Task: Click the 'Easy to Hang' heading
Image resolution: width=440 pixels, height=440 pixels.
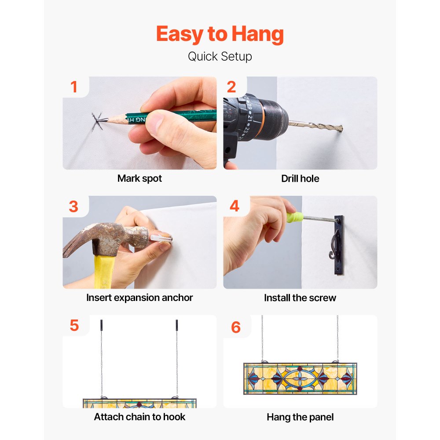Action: pyautogui.click(x=220, y=34)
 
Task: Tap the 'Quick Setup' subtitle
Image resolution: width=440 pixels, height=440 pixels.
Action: pyautogui.click(x=220, y=56)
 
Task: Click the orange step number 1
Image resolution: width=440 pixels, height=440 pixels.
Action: pyautogui.click(x=74, y=87)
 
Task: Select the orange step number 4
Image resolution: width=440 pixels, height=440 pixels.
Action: pyautogui.click(x=235, y=206)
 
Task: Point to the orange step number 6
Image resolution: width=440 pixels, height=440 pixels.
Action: pyautogui.click(x=236, y=327)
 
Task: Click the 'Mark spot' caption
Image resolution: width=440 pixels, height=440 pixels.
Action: pyautogui.click(x=139, y=179)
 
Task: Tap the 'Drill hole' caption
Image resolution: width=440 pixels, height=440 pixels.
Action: pyautogui.click(x=300, y=179)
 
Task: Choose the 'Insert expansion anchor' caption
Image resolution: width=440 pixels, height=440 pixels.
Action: pyautogui.click(x=139, y=298)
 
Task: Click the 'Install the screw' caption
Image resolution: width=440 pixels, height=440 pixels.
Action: pyautogui.click(x=300, y=298)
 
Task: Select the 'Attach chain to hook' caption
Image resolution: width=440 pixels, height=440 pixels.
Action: pyautogui.click(x=139, y=417)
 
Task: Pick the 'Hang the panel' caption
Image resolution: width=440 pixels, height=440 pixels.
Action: pyautogui.click(x=300, y=417)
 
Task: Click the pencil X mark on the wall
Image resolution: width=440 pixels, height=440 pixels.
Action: pyautogui.click(x=97, y=121)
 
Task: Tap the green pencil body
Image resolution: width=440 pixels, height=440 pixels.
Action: pyautogui.click(x=171, y=116)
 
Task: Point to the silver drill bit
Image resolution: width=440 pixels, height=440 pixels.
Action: pyautogui.click(x=315, y=126)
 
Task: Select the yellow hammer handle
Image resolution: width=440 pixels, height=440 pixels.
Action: pyautogui.click(x=104, y=271)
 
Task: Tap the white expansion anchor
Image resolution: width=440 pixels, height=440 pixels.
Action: pyautogui.click(x=161, y=238)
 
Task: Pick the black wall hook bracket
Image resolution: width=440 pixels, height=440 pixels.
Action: pyautogui.click(x=337, y=245)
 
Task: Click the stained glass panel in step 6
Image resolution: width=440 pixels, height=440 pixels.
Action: pyautogui.click(x=300, y=378)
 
